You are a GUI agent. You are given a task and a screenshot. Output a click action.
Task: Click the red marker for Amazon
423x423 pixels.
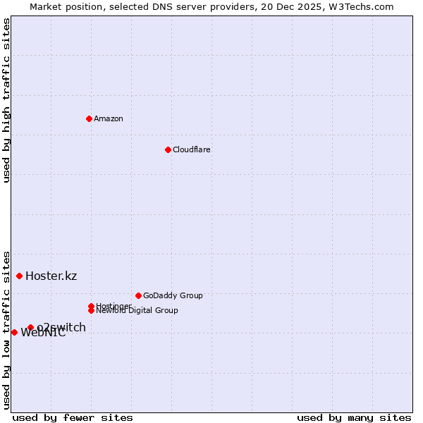coord(89,118)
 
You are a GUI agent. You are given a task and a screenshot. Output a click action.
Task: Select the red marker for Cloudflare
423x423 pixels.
coord(168,149)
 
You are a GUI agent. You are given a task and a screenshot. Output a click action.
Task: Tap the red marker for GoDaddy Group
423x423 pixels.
coord(138,295)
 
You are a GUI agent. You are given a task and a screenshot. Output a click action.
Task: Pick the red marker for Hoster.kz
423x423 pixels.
coord(19,276)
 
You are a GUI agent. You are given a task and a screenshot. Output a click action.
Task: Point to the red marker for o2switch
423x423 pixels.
coord(30,327)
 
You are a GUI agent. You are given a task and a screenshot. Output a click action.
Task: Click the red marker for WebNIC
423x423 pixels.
coord(14,332)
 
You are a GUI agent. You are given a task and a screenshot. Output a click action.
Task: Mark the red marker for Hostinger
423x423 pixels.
coord(91,306)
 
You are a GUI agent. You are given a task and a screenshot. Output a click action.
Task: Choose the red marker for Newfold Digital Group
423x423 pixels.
coord(91,310)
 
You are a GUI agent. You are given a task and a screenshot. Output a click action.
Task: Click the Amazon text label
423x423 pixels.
coord(109,118)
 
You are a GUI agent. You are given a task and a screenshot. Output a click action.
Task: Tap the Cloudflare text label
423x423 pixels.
coord(192,149)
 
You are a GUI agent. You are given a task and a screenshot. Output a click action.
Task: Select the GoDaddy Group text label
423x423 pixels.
coord(173,295)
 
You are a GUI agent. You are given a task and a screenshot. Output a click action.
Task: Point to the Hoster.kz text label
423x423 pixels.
coord(51,276)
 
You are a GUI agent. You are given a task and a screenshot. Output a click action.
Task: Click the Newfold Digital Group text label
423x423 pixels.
coord(137,311)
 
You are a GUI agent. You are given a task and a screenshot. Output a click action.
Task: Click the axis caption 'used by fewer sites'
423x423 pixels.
coord(73,417)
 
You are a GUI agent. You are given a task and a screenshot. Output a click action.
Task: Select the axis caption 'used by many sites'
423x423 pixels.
coord(354,417)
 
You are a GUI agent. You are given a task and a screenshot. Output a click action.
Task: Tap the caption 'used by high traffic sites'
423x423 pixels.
coord(6,100)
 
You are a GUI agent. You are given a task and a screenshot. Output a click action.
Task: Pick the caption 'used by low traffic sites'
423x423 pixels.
coord(6,329)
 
